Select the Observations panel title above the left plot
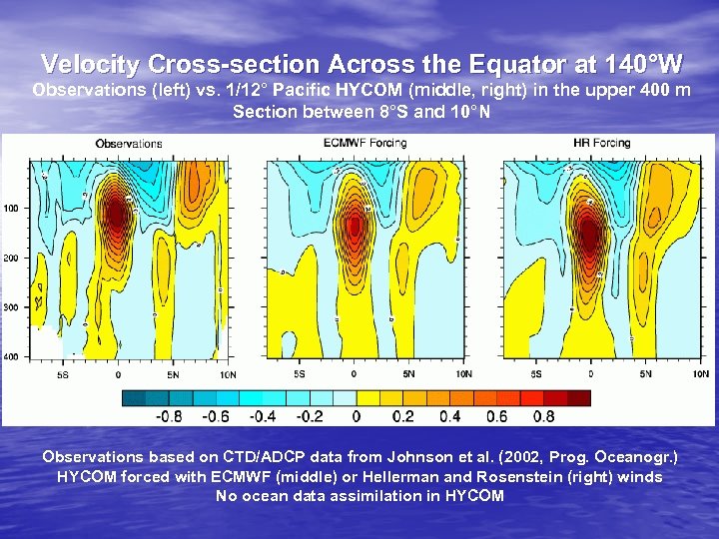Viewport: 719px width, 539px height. (x=129, y=144)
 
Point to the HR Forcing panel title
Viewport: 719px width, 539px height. (x=604, y=144)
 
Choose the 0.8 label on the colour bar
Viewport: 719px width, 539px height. (x=542, y=416)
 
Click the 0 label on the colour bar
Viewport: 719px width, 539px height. (x=357, y=416)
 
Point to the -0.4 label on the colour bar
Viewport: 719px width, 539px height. (x=262, y=416)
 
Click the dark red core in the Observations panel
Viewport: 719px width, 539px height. (x=117, y=212)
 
